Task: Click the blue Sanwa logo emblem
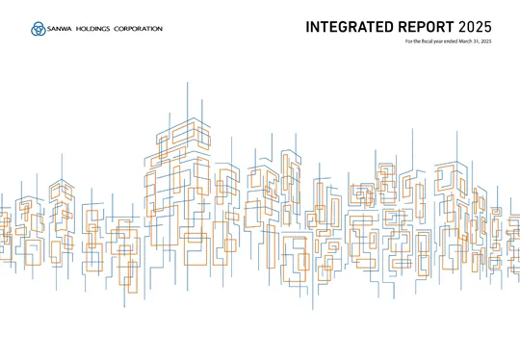pos(37,29)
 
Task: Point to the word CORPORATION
pos(143,29)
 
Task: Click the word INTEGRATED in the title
pos(349,26)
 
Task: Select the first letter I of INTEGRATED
pos(308,26)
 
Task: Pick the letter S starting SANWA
pos(48,29)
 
